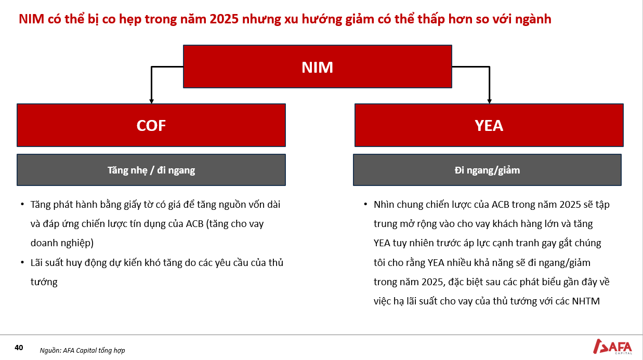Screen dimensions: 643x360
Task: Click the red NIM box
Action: point(318,66)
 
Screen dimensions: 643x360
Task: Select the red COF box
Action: point(151,125)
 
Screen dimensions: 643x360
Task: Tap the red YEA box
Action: point(489,125)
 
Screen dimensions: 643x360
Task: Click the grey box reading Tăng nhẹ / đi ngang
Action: point(151,170)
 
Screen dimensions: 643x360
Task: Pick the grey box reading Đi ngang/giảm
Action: point(488,170)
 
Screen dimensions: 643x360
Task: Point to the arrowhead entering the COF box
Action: point(152,101)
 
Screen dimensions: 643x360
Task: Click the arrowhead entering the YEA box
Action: point(490,101)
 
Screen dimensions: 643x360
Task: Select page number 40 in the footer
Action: point(19,348)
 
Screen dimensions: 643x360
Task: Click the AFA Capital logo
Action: point(612,346)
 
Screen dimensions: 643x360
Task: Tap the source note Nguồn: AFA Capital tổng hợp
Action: point(82,351)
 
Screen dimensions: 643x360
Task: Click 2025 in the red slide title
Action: point(224,19)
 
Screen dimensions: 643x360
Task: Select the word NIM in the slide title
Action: point(32,19)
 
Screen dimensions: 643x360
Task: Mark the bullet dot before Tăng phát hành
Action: point(22,204)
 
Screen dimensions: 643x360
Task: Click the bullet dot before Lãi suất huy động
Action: point(22,262)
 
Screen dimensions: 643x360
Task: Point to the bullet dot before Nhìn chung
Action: point(365,204)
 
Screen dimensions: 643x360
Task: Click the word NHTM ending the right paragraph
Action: point(586,301)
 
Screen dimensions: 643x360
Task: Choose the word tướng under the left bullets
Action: point(44,282)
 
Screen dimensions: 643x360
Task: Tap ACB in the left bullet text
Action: point(194,224)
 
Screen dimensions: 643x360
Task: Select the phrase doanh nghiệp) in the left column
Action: point(62,243)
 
